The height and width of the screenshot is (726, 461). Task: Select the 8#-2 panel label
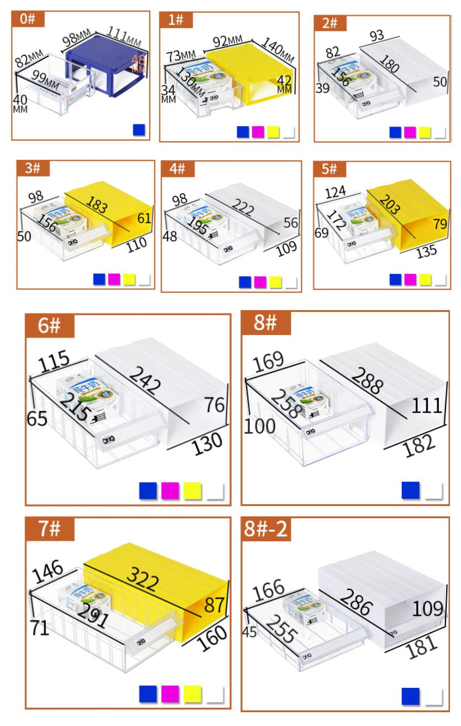(x=266, y=529)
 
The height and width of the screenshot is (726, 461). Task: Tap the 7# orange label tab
(x=49, y=529)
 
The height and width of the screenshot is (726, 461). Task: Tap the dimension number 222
(x=244, y=208)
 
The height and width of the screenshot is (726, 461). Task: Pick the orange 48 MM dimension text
(x=139, y=64)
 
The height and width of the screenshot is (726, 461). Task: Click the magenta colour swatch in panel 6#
(x=170, y=490)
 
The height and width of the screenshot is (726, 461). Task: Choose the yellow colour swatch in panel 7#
(x=192, y=693)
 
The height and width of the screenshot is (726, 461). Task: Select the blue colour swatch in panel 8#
(x=411, y=490)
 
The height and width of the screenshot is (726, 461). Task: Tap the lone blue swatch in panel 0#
(x=139, y=130)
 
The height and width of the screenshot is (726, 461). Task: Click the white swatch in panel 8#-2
(x=433, y=697)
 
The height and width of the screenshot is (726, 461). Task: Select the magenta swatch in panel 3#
(x=114, y=279)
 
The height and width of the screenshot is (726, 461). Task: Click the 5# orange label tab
(x=330, y=169)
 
